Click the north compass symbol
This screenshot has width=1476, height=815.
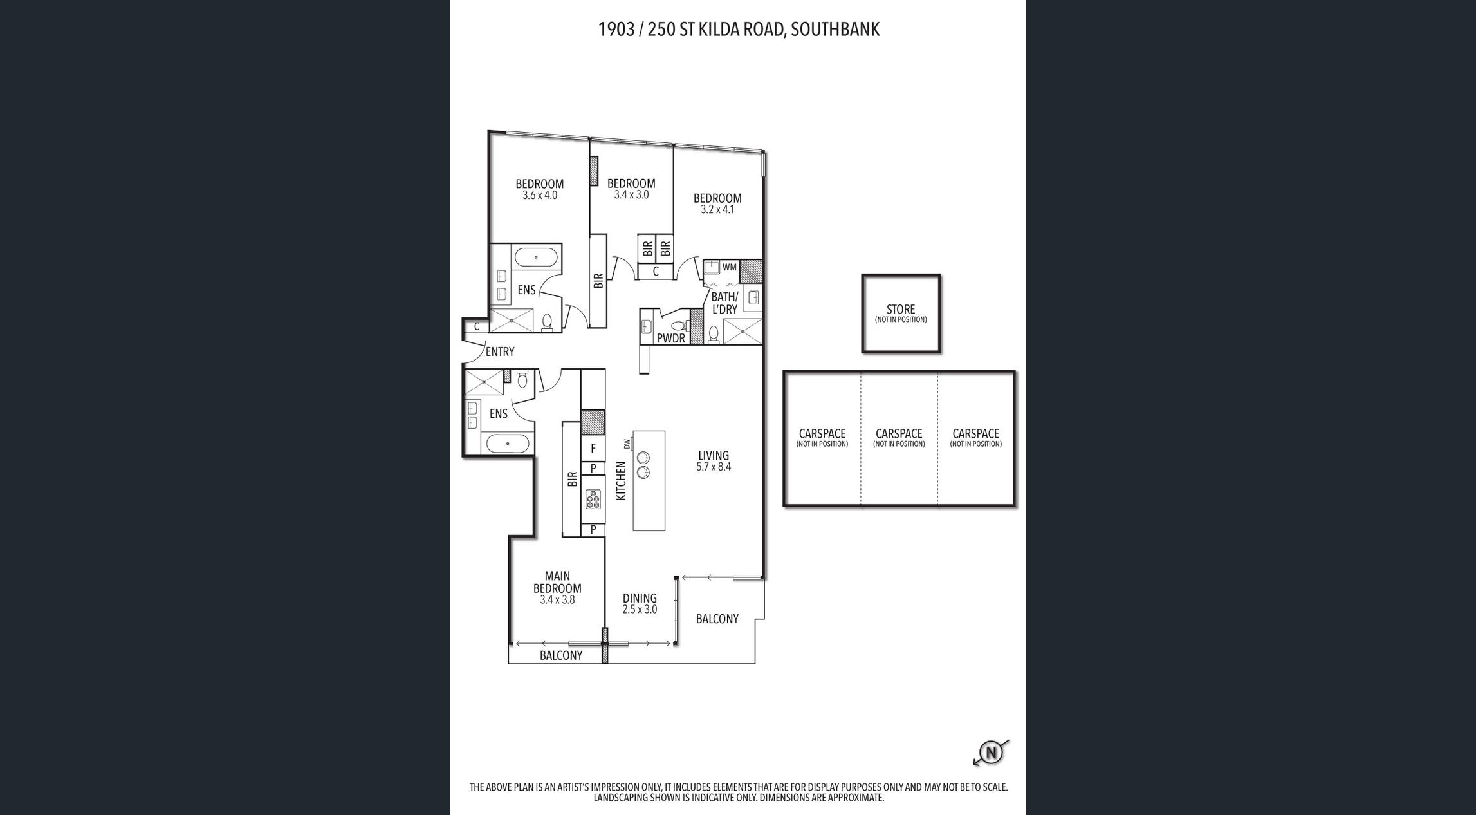point(992,753)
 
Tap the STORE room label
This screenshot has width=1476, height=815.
point(901,309)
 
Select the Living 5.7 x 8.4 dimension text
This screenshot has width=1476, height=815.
point(714,467)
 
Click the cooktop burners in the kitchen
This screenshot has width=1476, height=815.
point(593,499)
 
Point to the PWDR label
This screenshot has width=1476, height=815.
point(671,338)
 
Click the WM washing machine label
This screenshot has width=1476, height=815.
point(729,267)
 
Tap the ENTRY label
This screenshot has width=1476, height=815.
point(500,351)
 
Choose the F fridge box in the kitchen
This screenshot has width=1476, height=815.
point(593,448)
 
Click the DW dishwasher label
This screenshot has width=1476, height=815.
point(627,444)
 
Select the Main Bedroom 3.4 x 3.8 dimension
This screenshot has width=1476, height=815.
point(557,600)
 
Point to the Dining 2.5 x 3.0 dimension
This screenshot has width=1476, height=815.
point(640,610)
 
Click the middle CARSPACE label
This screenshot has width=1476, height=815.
point(899,434)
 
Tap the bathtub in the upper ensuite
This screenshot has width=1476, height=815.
point(536,258)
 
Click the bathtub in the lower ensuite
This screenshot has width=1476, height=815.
point(508,444)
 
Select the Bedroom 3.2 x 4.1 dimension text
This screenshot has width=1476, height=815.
point(717,209)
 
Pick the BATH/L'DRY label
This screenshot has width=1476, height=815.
point(724,303)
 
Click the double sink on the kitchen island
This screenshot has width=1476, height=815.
point(643,465)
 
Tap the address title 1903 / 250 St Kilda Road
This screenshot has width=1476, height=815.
point(739,30)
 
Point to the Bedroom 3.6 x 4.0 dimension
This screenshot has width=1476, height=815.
point(540,195)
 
